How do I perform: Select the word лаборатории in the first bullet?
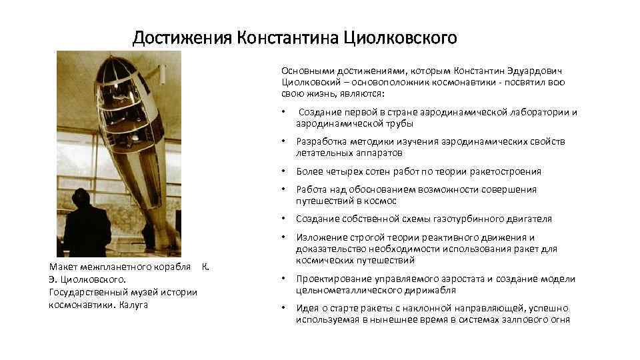coord(533,112)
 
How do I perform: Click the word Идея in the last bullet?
coord(307,309)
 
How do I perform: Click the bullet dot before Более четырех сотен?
coord(284,171)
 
